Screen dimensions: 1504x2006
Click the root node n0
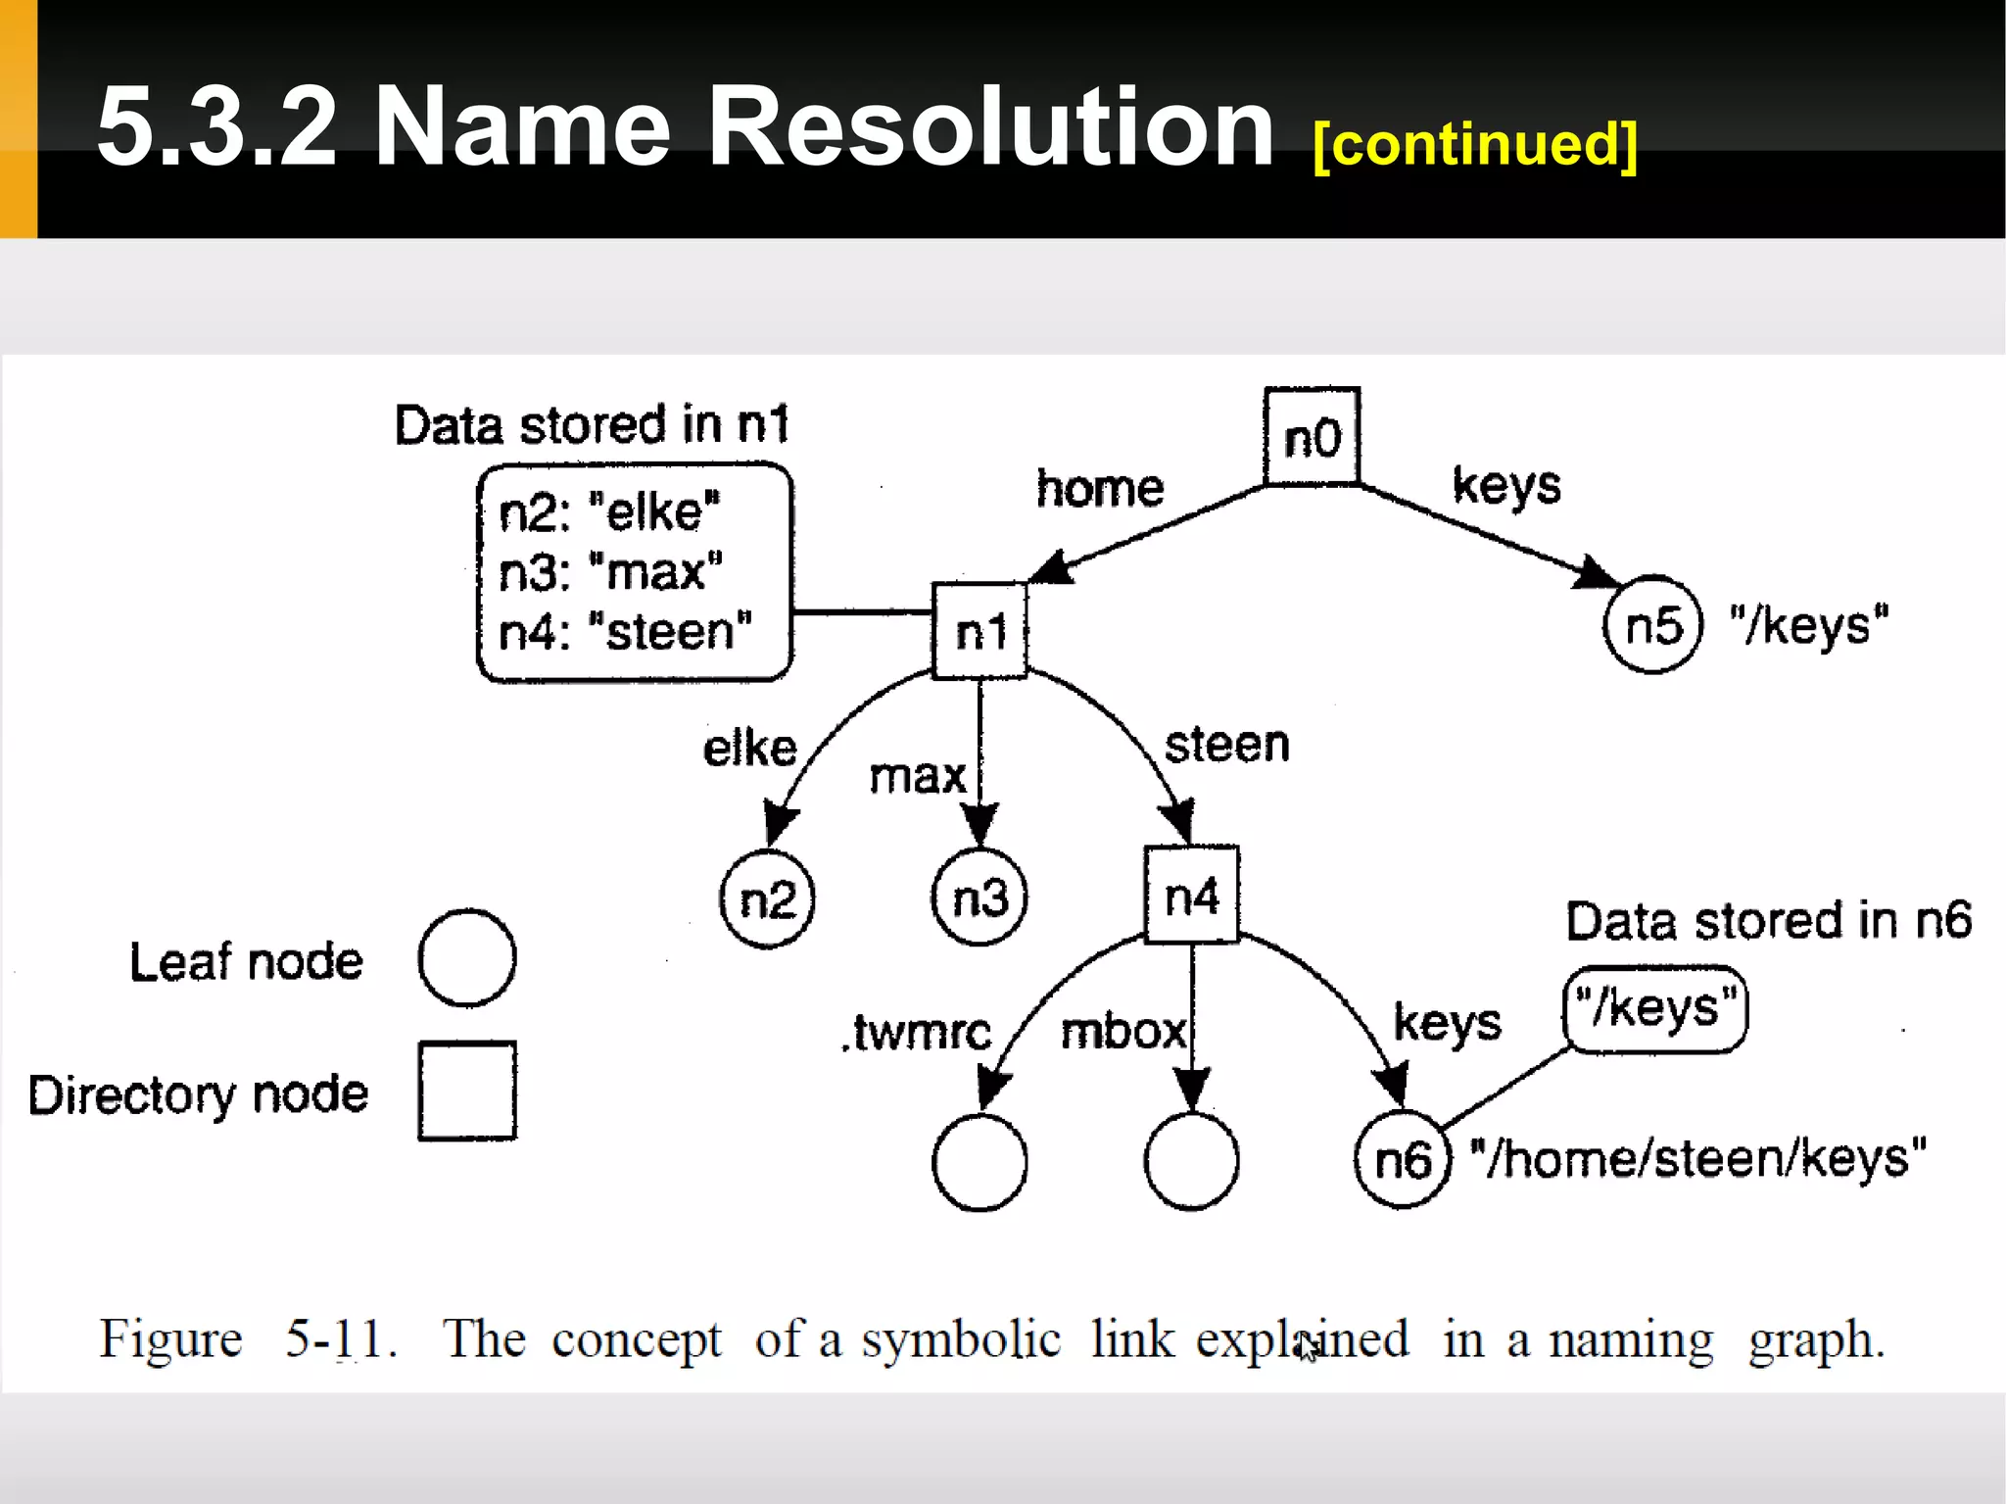(1312, 437)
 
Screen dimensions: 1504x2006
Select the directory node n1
(979, 631)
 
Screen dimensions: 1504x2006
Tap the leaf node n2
(767, 898)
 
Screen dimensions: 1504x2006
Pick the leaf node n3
(979, 898)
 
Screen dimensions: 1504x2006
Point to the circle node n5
(1653, 625)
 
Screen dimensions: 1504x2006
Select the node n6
(1402, 1160)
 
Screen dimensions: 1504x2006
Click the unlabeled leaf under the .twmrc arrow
(979, 1162)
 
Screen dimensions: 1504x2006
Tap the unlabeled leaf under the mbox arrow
(1191, 1162)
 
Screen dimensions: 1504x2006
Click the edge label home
(1100, 488)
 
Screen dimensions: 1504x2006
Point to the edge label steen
(1226, 745)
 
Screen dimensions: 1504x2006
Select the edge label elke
(750, 749)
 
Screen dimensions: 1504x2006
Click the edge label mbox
(1122, 1032)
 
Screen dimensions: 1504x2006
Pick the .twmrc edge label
(917, 1032)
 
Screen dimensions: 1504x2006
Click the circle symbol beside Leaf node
(467, 958)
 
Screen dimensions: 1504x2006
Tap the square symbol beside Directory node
(467, 1091)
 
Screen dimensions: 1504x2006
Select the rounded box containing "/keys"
(1655, 1009)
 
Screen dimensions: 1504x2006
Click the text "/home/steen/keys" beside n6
(1698, 1159)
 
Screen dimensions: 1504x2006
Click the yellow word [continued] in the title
(1474, 144)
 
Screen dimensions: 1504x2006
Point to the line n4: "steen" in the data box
(625, 632)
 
